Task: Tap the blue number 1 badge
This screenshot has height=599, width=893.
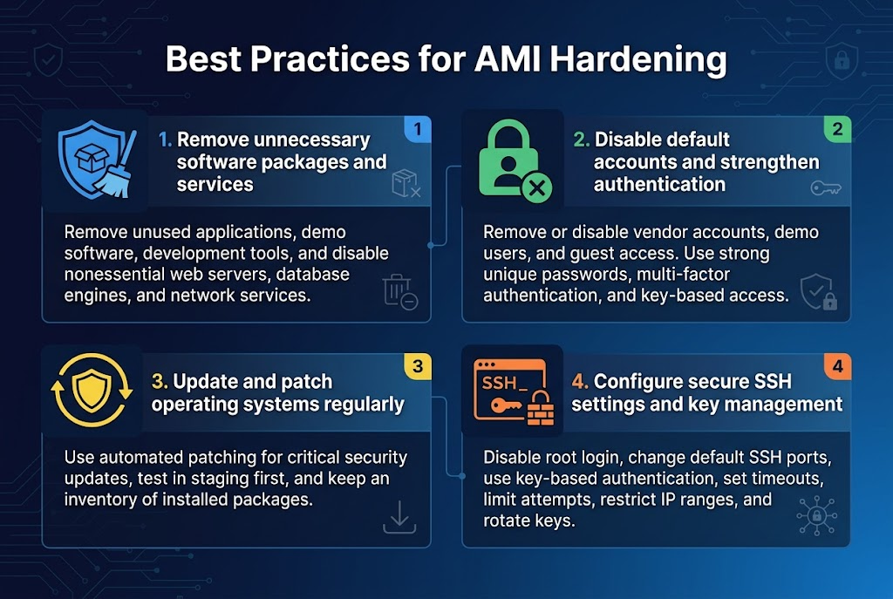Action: tap(418, 129)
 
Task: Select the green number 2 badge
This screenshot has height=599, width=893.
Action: tap(837, 129)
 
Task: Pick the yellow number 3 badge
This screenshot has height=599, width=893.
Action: tap(418, 366)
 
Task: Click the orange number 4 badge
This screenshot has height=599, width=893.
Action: tap(837, 366)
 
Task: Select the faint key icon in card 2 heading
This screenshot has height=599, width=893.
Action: tap(825, 187)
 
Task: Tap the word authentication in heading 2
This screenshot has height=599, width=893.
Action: tap(659, 184)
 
